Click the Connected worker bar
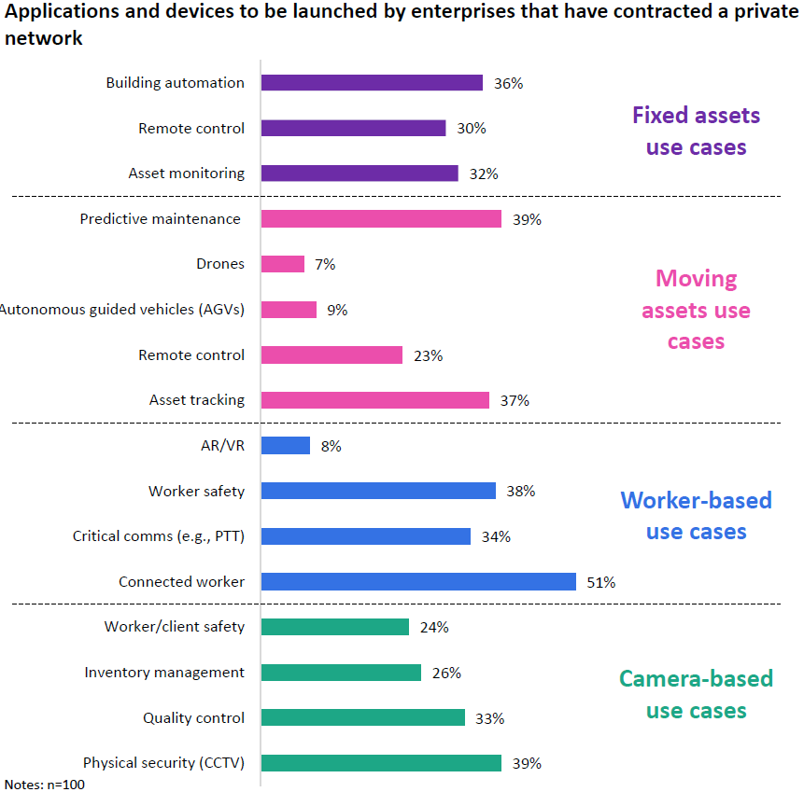click(x=418, y=581)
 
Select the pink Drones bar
click(x=283, y=264)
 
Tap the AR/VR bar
click(x=286, y=446)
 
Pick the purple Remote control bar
click(x=353, y=128)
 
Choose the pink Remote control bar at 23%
click(x=331, y=354)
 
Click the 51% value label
click(x=600, y=582)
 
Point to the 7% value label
click(x=325, y=265)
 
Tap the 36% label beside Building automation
click(x=508, y=83)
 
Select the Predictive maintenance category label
click(x=161, y=219)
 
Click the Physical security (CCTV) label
click(x=163, y=763)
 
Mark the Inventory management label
click(x=164, y=673)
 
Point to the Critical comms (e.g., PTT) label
click(x=159, y=536)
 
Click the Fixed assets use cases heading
click(x=696, y=131)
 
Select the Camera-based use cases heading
click(x=696, y=694)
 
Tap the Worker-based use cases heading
click(x=696, y=515)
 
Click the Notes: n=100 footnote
click(x=45, y=785)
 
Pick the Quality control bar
click(x=363, y=717)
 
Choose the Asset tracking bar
click(x=375, y=400)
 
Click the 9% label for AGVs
click(x=337, y=310)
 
